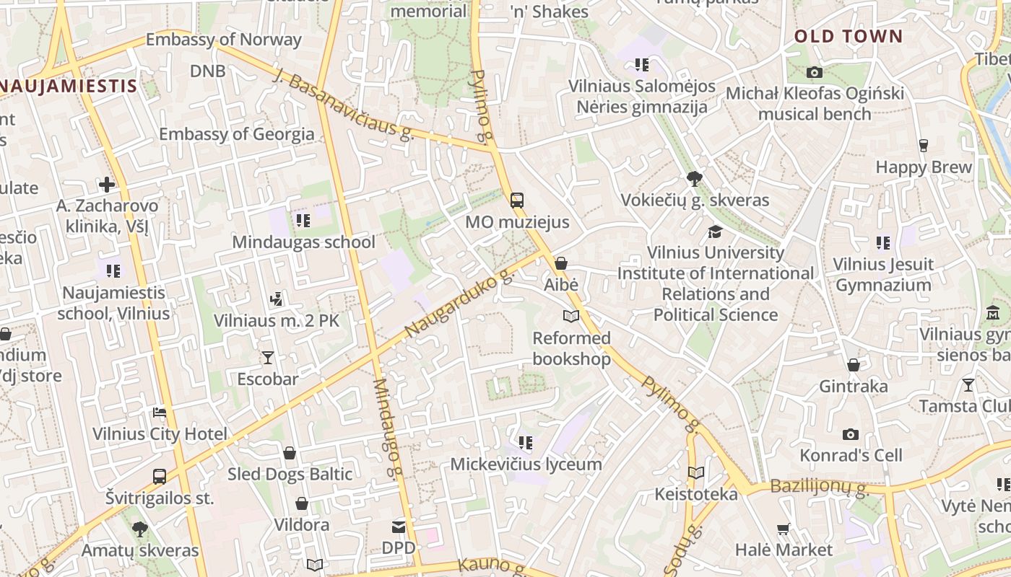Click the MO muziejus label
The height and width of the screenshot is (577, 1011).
(517, 222)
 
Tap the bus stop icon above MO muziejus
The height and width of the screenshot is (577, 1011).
(517, 200)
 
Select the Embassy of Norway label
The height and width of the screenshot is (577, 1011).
(224, 40)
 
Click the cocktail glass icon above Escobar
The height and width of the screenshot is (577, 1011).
(268, 357)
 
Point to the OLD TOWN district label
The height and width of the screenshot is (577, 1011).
(849, 37)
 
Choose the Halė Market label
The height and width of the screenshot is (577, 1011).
(784, 550)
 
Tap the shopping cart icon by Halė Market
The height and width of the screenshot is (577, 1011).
(784, 529)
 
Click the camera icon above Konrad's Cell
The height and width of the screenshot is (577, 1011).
(851, 434)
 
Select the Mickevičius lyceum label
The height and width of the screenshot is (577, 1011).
(526, 464)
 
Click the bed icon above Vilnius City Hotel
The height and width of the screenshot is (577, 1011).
(160, 413)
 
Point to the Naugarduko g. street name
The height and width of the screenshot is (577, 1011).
(459, 301)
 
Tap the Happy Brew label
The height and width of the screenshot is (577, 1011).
(924, 167)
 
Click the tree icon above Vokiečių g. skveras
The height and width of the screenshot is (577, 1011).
(695, 178)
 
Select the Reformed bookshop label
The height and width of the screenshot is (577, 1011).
(571, 348)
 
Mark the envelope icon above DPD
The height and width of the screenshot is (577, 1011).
(399, 527)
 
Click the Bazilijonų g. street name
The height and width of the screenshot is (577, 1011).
(819, 487)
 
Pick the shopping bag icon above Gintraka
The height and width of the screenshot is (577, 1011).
(854, 365)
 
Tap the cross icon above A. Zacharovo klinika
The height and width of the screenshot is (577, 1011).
(107, 185)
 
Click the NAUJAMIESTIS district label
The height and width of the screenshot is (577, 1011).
(69, 87)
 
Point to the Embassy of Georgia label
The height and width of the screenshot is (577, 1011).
(237, 134)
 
